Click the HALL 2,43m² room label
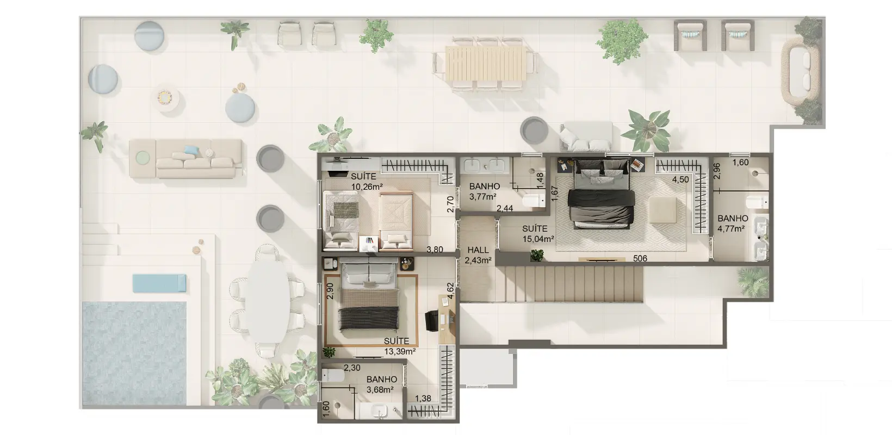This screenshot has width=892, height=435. point(478,255)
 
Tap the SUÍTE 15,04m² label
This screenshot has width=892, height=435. point(538,234)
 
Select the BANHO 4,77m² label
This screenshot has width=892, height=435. point(732,223)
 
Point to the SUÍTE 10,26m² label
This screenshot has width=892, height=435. point(367,181)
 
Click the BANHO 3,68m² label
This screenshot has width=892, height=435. point(381,384)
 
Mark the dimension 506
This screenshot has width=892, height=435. point(640,258)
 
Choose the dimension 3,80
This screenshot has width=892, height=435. point(435,250)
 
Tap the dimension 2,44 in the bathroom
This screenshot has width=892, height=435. point(505,208)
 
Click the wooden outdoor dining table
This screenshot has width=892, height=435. point(485,63)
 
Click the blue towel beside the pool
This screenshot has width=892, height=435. point(159,283)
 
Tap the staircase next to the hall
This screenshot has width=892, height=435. point(569,284)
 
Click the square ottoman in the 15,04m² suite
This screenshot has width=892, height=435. point(662,209)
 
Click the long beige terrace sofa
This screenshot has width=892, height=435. point(186,158)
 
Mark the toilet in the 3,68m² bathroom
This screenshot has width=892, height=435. point(332,375)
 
